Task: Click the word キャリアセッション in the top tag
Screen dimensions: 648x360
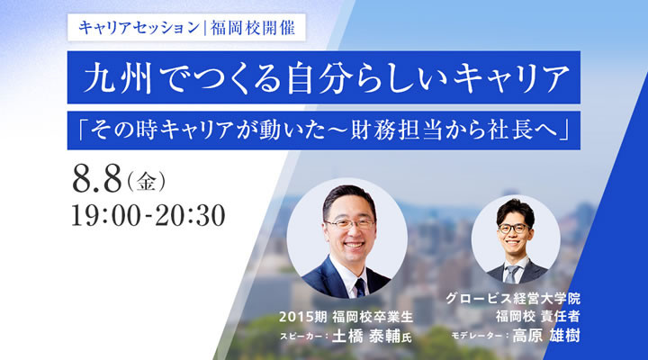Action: coord(139,28)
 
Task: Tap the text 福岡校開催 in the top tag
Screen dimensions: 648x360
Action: coord(253,28)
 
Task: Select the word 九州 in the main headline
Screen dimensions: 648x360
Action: coord(118,77)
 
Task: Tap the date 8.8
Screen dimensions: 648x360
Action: coord(97,179)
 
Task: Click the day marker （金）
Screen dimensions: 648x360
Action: coord(147,181)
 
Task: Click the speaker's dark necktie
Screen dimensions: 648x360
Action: coord(360,287)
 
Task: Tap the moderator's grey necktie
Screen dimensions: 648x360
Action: coord(512,274)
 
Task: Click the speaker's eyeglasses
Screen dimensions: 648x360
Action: coord(349,223)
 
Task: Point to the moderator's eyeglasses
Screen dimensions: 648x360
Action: coord(514,229)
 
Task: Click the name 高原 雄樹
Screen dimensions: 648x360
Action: coord(546,335)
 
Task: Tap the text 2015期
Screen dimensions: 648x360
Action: coord(303,317)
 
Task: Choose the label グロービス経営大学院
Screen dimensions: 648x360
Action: coord(513,298)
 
